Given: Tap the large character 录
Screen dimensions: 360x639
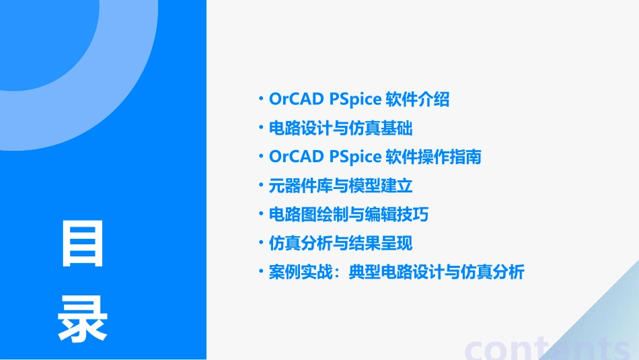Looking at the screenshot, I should (83, 319).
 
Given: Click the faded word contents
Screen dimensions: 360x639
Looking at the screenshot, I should (548, 347).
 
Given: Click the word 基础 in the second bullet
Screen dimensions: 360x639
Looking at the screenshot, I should (397, 128).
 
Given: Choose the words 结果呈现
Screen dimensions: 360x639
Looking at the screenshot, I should (397, 243).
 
